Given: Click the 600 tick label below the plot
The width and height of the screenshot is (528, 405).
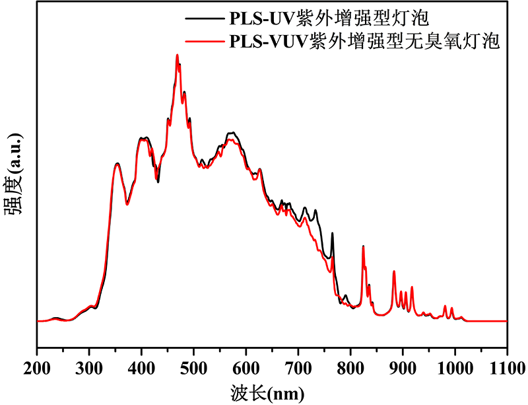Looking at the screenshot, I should [246, 366].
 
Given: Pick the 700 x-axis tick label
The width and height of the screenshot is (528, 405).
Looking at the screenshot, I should [298, 366].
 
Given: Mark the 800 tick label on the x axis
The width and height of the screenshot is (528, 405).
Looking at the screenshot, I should [350, 366].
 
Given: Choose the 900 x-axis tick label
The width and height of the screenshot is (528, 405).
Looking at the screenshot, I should [403, 366].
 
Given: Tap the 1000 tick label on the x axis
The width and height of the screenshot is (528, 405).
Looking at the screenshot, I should [455, 366].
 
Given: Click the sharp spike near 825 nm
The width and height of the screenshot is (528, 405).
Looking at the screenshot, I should [363, 247].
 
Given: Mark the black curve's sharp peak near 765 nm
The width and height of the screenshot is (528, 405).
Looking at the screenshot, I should [332, 233].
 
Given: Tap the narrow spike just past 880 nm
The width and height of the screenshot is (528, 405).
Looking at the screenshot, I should [394, 272].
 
